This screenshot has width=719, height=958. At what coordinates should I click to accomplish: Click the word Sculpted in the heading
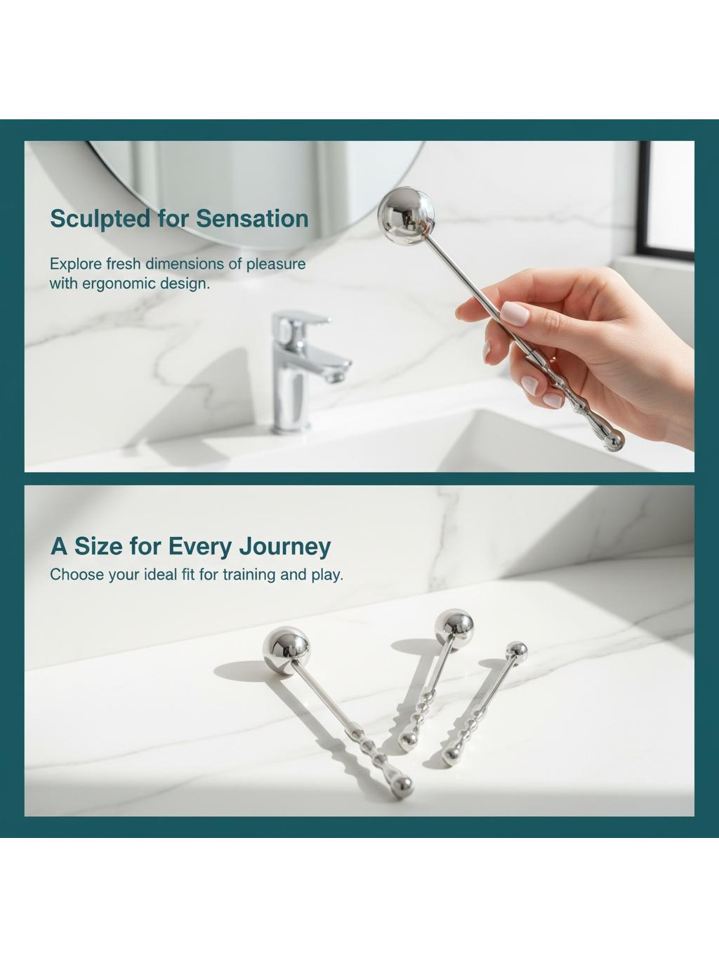pos(100,219)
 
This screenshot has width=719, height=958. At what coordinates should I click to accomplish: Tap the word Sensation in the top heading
pos(252,218)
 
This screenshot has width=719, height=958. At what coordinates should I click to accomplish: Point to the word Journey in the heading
pos(285,547)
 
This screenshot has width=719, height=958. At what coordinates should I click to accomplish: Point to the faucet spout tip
pos(336,375)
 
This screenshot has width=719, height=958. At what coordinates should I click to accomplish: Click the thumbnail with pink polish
pos(515,314)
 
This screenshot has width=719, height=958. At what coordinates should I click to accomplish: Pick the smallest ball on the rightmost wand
pos(517,651)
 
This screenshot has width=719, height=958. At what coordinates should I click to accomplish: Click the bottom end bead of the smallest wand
pos(450,756)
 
